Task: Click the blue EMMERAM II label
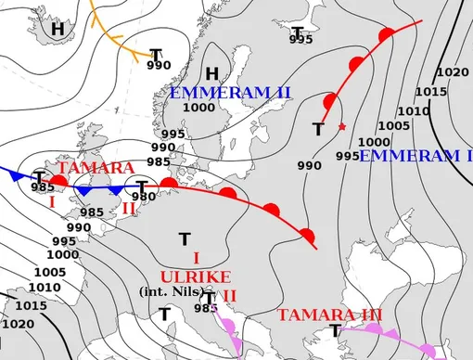231,92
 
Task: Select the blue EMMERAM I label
415,155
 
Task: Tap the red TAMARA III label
330,315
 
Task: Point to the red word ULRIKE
196,276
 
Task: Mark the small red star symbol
342,126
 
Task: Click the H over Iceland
58,29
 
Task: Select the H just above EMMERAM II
212,74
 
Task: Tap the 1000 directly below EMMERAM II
198,108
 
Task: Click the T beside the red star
318,130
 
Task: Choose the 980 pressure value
144,197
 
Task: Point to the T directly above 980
142,186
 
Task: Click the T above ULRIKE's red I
185,239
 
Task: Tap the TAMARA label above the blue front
96,169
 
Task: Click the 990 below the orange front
159,65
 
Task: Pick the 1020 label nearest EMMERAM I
452,72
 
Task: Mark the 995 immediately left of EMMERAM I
346,156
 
